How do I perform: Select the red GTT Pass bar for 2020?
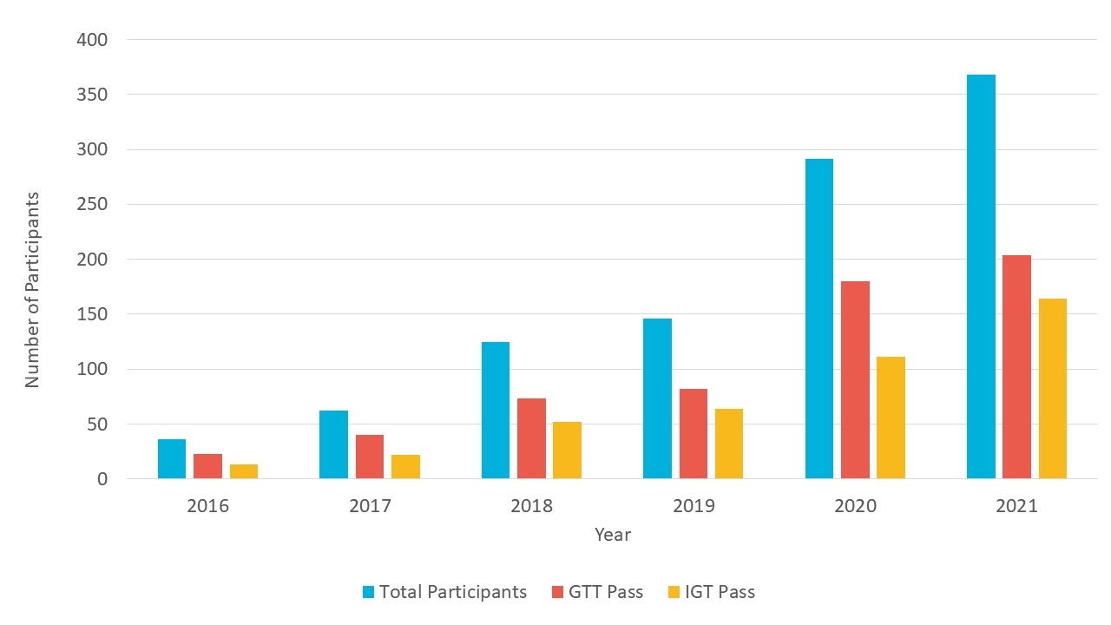pos(855,379)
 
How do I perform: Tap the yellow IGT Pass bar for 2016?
pos(244,471)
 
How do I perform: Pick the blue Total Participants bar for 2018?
pos(496,410)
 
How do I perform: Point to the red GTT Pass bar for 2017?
pos(370,457)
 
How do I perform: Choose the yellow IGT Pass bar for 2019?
pos(729,444)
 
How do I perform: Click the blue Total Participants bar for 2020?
pos(819,319)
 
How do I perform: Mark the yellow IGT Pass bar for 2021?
pos(1053,388)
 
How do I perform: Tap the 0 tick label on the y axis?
pos(102,479)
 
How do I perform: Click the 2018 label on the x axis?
pos(531,506)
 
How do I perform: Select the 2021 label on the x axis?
pos(1016,506)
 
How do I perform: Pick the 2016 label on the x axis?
pos(207,506)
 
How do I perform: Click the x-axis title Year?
pos(613,535)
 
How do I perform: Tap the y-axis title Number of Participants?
pos(32,290)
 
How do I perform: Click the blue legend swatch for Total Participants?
pos(368,593)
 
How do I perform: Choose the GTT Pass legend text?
pos(607,592)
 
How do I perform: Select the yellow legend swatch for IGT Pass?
pos(674,593)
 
